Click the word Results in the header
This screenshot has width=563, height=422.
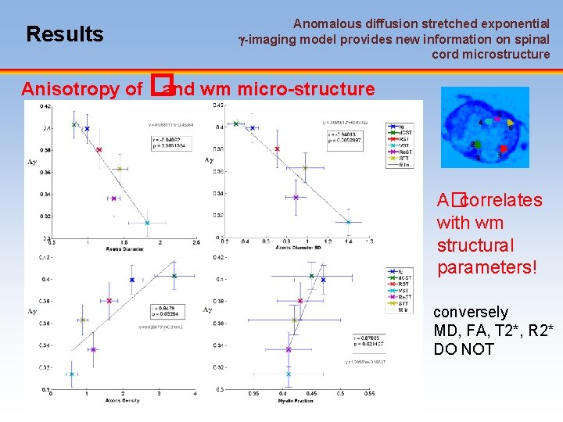tap(64, 34)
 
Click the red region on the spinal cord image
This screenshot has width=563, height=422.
tap(504, 148)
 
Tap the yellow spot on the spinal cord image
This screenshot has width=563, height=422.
tap(509, 123)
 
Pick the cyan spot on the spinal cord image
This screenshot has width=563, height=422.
tap(489, 120)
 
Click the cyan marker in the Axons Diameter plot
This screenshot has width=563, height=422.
tap(147, 223)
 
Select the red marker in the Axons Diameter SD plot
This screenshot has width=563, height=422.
tap(278, 148)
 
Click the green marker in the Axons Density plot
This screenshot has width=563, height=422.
tap(83, 320)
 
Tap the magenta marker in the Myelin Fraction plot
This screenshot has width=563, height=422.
tap(289, 350)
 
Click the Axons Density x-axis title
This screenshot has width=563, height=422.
tap(123, 401)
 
